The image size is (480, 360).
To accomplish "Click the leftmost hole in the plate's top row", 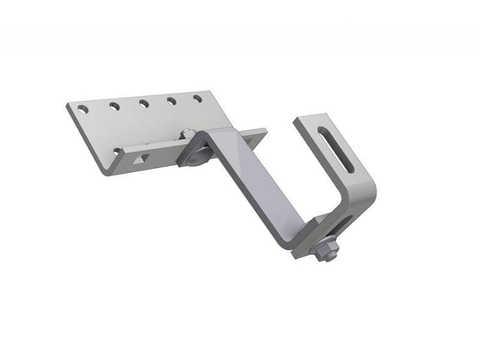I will tap(84, 110).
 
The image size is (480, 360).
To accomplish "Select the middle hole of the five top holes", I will tap(144, 104).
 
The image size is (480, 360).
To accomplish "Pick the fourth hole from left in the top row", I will tap(172, 101).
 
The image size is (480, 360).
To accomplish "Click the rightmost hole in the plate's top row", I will tap(197, 98).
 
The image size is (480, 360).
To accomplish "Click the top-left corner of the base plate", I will tap(67, 106).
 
